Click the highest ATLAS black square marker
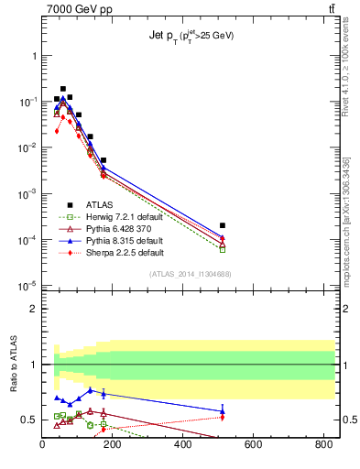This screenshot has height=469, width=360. [62, 89]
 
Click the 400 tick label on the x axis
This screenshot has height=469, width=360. [183, 446]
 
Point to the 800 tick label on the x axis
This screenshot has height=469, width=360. [323, 446]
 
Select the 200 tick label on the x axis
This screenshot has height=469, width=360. [113, 446]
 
